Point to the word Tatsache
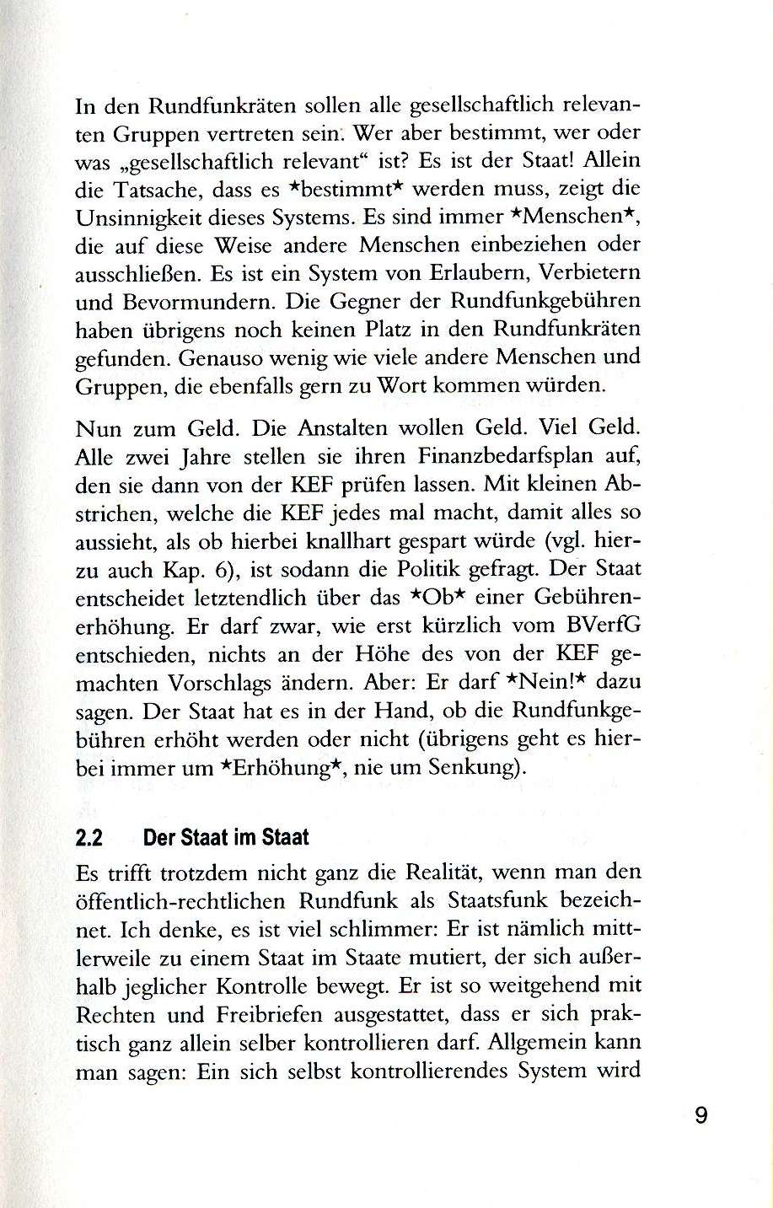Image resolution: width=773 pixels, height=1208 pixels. coord(164,191)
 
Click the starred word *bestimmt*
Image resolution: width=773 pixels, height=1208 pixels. coord(330,191)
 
